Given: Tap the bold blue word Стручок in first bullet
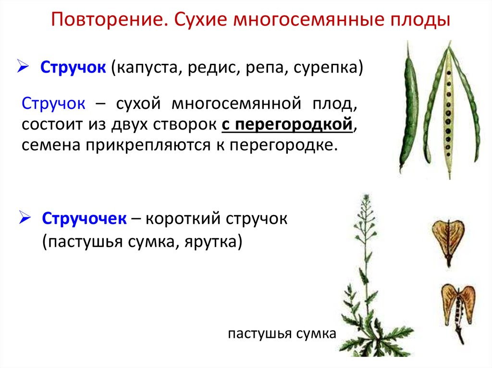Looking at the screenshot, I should click(x=73, y=68).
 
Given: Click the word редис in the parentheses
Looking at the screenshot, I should click(x=210, y=68).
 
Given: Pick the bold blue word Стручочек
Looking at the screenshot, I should click(x=85, y=219).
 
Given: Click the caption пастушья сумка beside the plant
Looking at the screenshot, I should click(x=283, y=334).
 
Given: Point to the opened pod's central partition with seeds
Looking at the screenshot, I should click(x=449, y=110).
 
